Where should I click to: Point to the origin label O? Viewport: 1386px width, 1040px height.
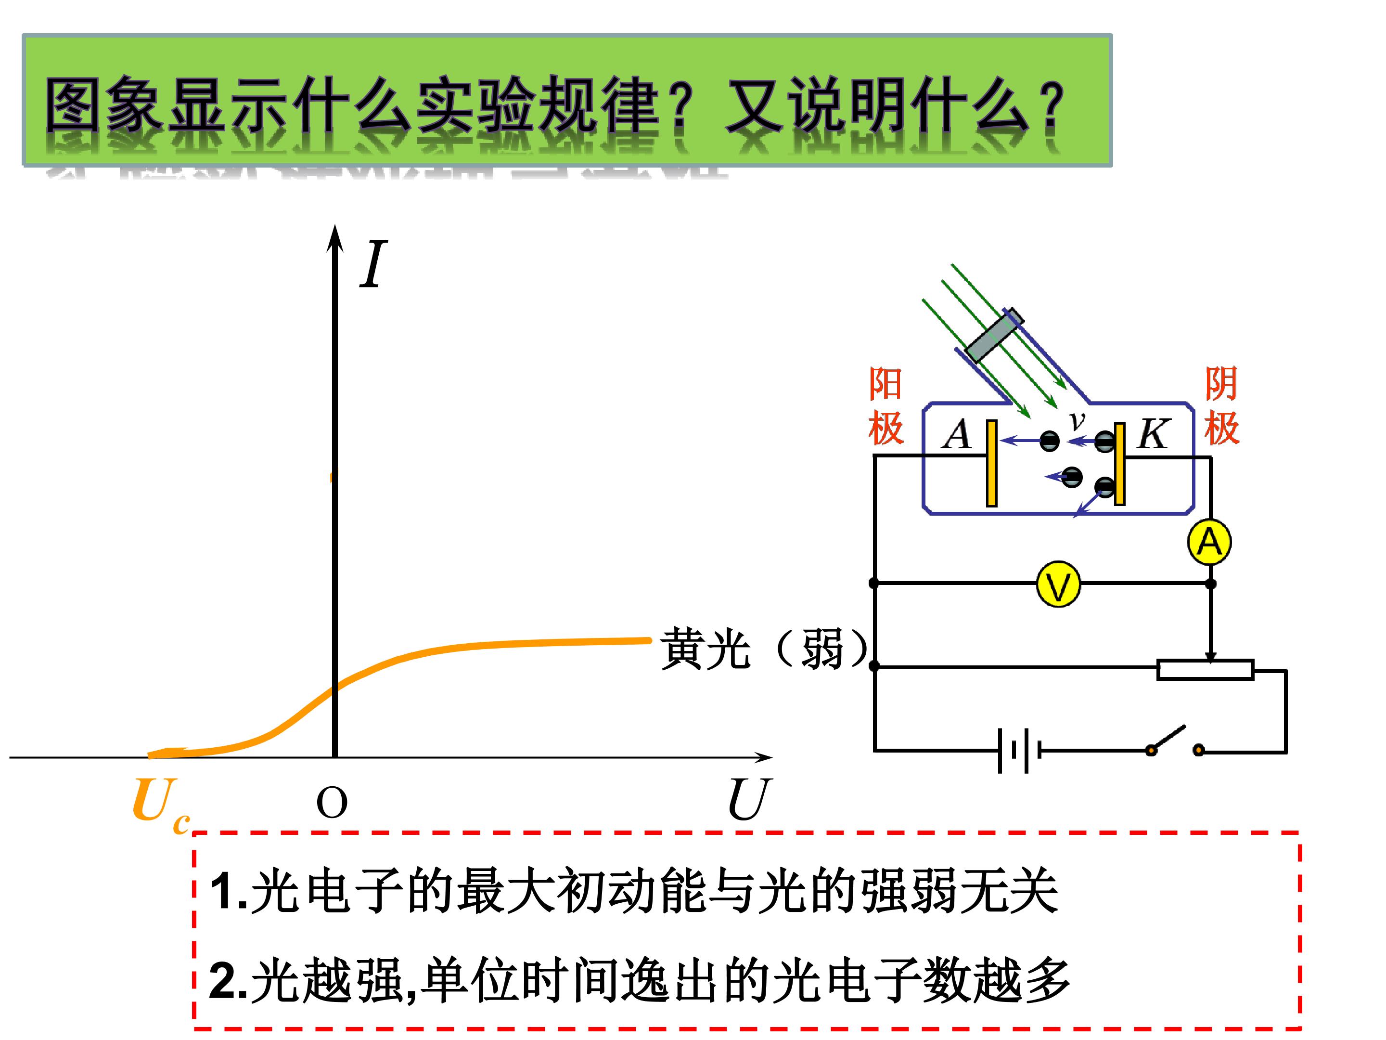332,803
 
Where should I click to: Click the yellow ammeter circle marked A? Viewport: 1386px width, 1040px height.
1209,542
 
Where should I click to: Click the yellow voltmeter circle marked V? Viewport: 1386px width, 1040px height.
1058,584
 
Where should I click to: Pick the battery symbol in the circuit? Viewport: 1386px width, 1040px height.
1019,750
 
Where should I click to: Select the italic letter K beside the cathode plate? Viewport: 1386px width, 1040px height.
1153,433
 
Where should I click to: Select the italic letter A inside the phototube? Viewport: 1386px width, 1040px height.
957,434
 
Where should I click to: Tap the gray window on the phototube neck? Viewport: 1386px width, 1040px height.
994,336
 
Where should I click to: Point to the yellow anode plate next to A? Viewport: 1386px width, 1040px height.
991,463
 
